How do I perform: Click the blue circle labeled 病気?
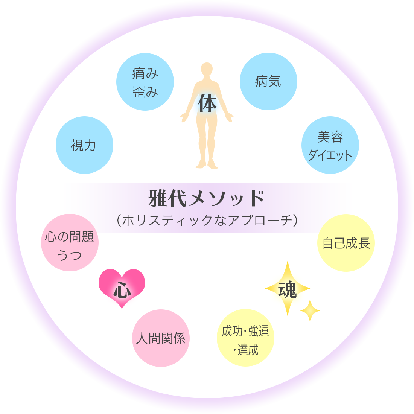[268, 82]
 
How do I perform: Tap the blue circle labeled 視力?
[84, 145]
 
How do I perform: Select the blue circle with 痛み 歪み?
[145, 82]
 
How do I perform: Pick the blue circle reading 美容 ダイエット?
[330, 145]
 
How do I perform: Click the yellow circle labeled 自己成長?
[346, 243]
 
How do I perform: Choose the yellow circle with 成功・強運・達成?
[245, 338]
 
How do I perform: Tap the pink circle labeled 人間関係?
[161, 338]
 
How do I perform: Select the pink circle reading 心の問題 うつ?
[70, 243]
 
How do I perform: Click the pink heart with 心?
[122, 288]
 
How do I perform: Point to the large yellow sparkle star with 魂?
[288, 289]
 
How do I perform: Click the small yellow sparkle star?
[310, 310]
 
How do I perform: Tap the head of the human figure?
[207, 70]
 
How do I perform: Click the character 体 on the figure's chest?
[207, 103]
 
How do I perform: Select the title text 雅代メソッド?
[207, 198]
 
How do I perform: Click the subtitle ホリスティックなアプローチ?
[207, 220]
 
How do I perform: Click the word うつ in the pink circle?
[69, 255]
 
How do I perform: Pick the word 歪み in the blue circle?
[145, 92]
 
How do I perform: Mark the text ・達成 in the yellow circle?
[245, 350]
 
